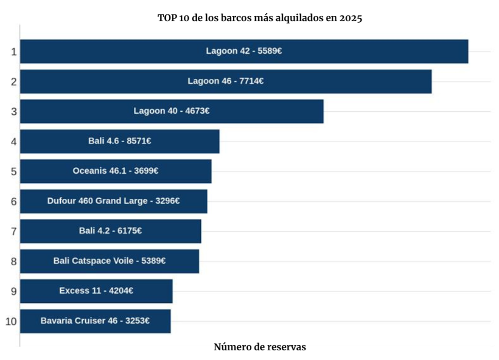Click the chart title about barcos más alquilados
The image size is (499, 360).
[260, 18]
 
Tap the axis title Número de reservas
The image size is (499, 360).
[260, 347]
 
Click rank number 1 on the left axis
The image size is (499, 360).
[14, 52]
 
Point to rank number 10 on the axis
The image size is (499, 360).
[11, 321]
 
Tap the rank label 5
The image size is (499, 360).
[14, 172]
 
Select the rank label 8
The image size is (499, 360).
[14, 262]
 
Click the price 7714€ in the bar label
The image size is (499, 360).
[252, 81]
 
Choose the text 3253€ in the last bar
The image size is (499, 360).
[137, 321]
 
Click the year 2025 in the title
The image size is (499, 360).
[351, 18]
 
